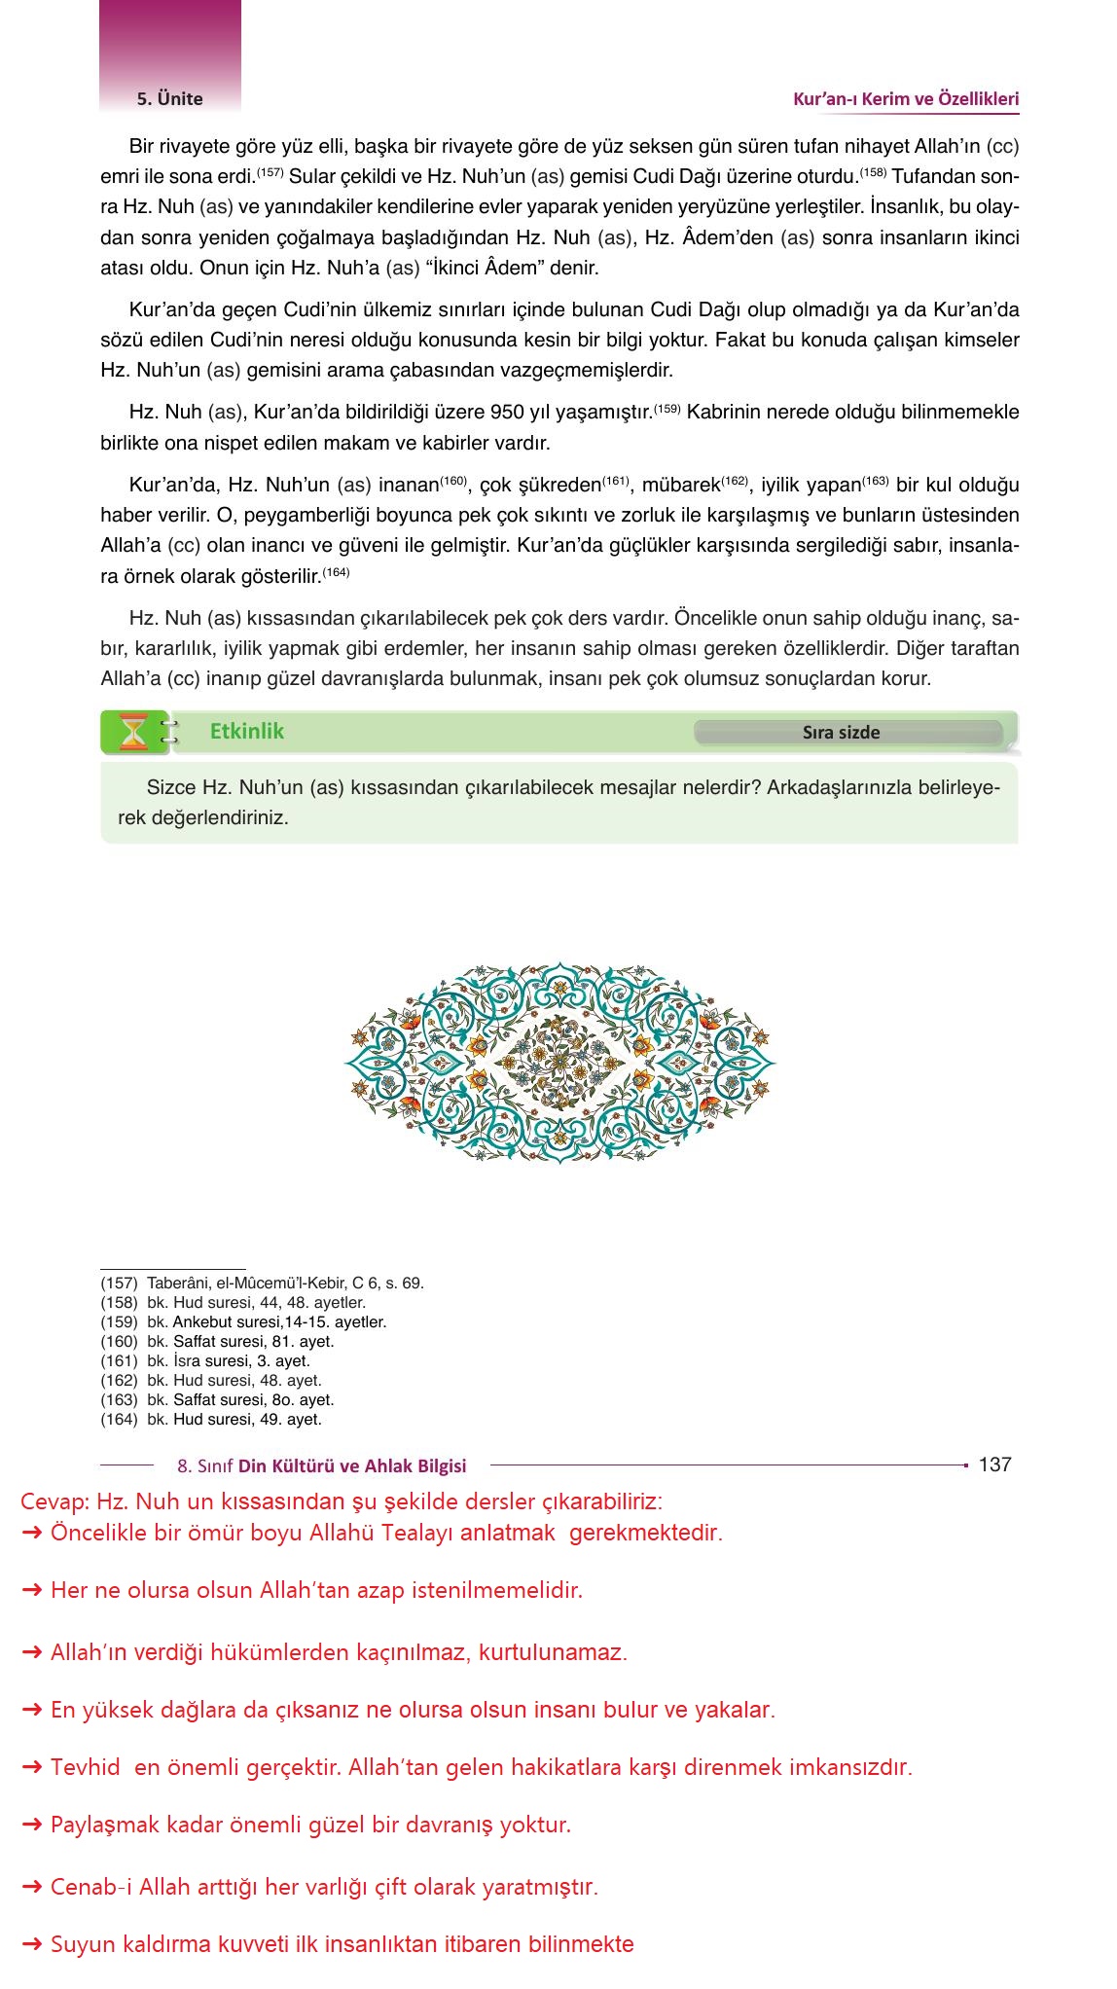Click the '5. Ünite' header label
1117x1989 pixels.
click(x=170, y=98)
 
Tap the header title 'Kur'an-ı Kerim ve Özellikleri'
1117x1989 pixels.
click(x=906, y=98)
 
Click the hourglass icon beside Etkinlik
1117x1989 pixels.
click(x=132, y=733)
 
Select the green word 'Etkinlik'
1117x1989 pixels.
click(x=247, y=732)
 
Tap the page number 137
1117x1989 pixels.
click(x=994, y=1465)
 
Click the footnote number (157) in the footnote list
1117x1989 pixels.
click(x=119, y=1284)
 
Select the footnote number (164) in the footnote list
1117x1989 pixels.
click(x=119, y=1420)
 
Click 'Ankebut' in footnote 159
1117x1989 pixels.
click(x=200, y=1322)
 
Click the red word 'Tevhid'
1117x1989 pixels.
click(x=86, y=1768)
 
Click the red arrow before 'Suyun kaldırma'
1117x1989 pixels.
click(x=32, y=1945)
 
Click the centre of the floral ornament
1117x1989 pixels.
click(x=560, y=1063)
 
